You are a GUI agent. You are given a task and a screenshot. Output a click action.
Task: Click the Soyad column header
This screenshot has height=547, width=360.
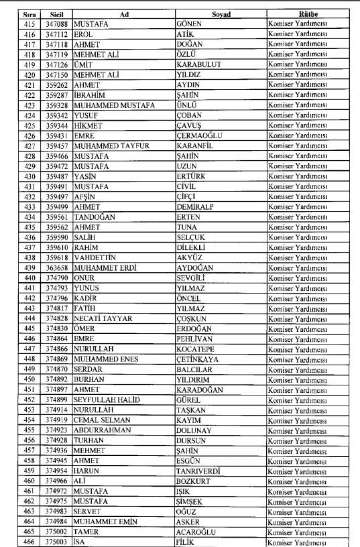pos(220,14)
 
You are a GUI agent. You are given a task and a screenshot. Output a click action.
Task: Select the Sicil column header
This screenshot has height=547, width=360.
pos(57,14)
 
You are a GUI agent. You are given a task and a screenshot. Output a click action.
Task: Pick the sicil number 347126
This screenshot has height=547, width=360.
pos(57,64)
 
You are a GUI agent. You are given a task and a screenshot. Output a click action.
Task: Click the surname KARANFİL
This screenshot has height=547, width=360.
pos(196,145)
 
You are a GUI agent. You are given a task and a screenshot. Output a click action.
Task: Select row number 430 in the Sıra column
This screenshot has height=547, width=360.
pos(29,176)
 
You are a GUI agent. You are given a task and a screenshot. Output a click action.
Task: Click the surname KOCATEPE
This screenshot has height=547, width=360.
pos(196,349)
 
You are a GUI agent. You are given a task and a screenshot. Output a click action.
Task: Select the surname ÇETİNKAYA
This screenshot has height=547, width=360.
pos(198,359)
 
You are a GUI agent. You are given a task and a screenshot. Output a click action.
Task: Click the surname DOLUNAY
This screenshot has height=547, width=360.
pos(194,430)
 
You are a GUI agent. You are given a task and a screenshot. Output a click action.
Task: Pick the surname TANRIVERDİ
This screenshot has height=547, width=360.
pos(200,471)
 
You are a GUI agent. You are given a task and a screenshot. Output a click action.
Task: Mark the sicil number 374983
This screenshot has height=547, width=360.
pos(57,511)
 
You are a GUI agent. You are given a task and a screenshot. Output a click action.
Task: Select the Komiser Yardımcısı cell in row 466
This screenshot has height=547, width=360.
pos(298,542)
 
